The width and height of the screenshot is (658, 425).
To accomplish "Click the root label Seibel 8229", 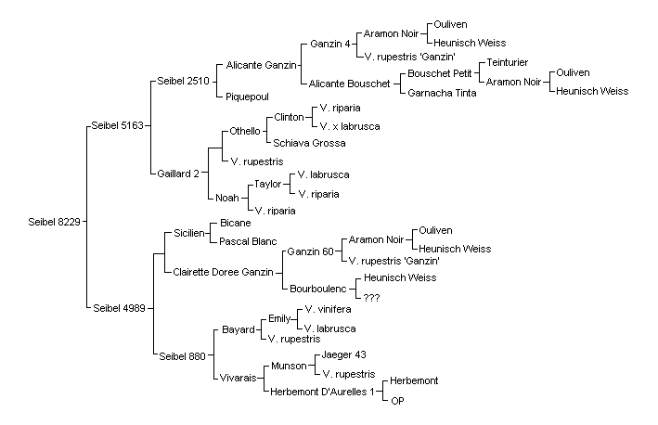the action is [x=54, y=222].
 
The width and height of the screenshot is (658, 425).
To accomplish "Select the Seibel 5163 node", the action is [x=118, y=125].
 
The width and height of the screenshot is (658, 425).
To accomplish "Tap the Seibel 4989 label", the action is [x=119, y=308].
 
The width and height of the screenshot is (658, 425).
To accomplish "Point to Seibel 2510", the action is [x=183, y=81].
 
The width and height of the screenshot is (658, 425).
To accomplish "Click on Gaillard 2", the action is [x=178, y=174].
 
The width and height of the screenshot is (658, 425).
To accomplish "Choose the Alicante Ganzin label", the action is [x=261, y=65].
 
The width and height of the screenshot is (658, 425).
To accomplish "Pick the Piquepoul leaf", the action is [x=247, y=97].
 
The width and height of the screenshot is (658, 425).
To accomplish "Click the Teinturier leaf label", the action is [x=508, y=62].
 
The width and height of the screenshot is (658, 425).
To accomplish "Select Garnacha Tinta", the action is [x=442, y=93].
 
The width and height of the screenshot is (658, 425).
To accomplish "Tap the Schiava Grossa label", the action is [x=309, y=143].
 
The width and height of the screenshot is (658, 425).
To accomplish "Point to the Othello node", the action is [x=245, y=131].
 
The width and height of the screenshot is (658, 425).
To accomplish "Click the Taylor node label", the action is [x=267, y=184].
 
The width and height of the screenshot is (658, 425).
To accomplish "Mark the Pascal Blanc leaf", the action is [x=248, y=241].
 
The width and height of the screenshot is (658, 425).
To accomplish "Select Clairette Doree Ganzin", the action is [x=224, y=272].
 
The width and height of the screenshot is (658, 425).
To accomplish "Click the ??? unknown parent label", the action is [x=371, y=298].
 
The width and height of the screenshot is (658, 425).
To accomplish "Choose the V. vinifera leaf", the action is [x=328, y=309].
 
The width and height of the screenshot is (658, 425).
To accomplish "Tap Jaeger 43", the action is [x=343, y=354].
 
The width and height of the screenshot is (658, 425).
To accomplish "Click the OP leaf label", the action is [x=397, y=401].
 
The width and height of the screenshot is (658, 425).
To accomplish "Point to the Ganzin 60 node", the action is [x=310, y=251].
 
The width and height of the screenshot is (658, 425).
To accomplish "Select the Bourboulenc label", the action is [x=318, y=289].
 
